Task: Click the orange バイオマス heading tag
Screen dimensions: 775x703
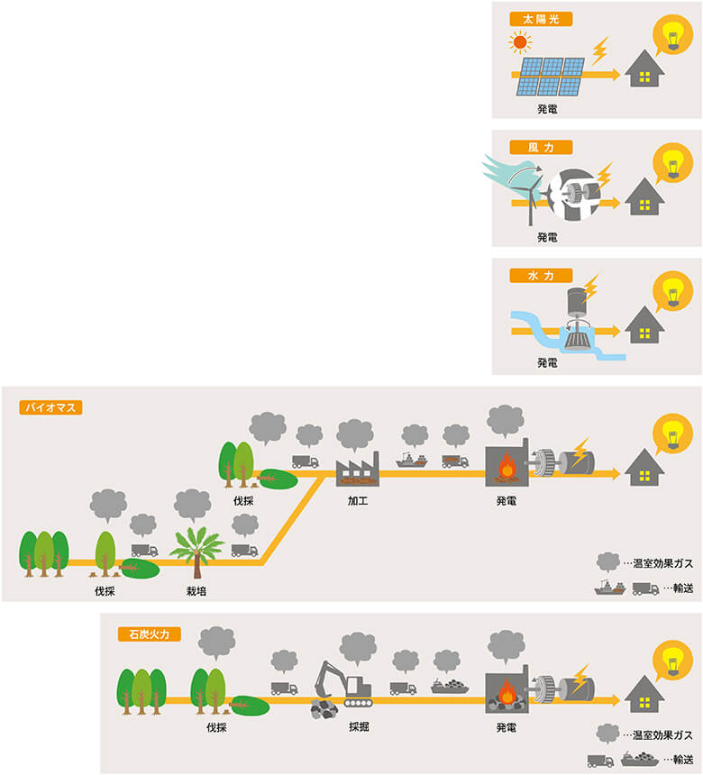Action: click(x=50, y=407)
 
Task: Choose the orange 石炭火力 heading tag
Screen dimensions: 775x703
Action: click(x=150, y=634)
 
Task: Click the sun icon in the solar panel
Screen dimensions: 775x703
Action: click(x=519, y=41)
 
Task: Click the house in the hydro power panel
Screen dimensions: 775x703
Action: click(x=645, y=324)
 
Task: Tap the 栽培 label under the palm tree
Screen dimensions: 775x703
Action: click(x=196, y=592)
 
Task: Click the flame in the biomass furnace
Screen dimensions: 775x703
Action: click(x=509, y=469)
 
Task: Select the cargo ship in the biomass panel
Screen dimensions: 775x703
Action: click(x=412, y=460)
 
